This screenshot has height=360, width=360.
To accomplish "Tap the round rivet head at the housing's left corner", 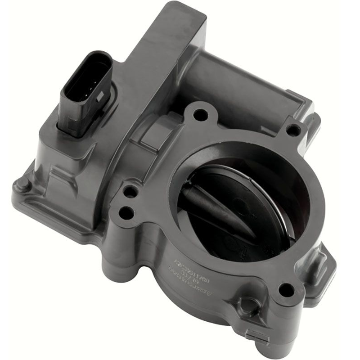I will coord(21,184).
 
